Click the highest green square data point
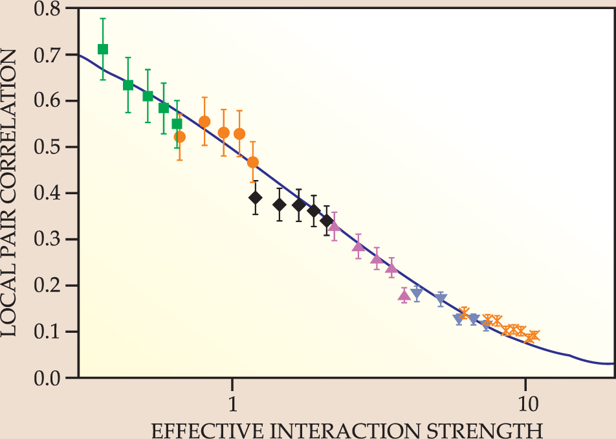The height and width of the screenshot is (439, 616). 103,49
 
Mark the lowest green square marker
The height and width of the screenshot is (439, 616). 177,124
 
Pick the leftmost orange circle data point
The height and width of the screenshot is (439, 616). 180,137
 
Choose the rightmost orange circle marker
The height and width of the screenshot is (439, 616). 253,162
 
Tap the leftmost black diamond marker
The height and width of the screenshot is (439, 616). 256,197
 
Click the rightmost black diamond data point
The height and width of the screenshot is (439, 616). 327,221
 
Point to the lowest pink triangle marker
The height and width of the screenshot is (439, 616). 404,295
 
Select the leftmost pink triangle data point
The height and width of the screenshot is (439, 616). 334,226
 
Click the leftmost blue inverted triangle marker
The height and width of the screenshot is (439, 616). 417,293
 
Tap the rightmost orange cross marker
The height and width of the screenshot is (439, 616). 533,336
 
